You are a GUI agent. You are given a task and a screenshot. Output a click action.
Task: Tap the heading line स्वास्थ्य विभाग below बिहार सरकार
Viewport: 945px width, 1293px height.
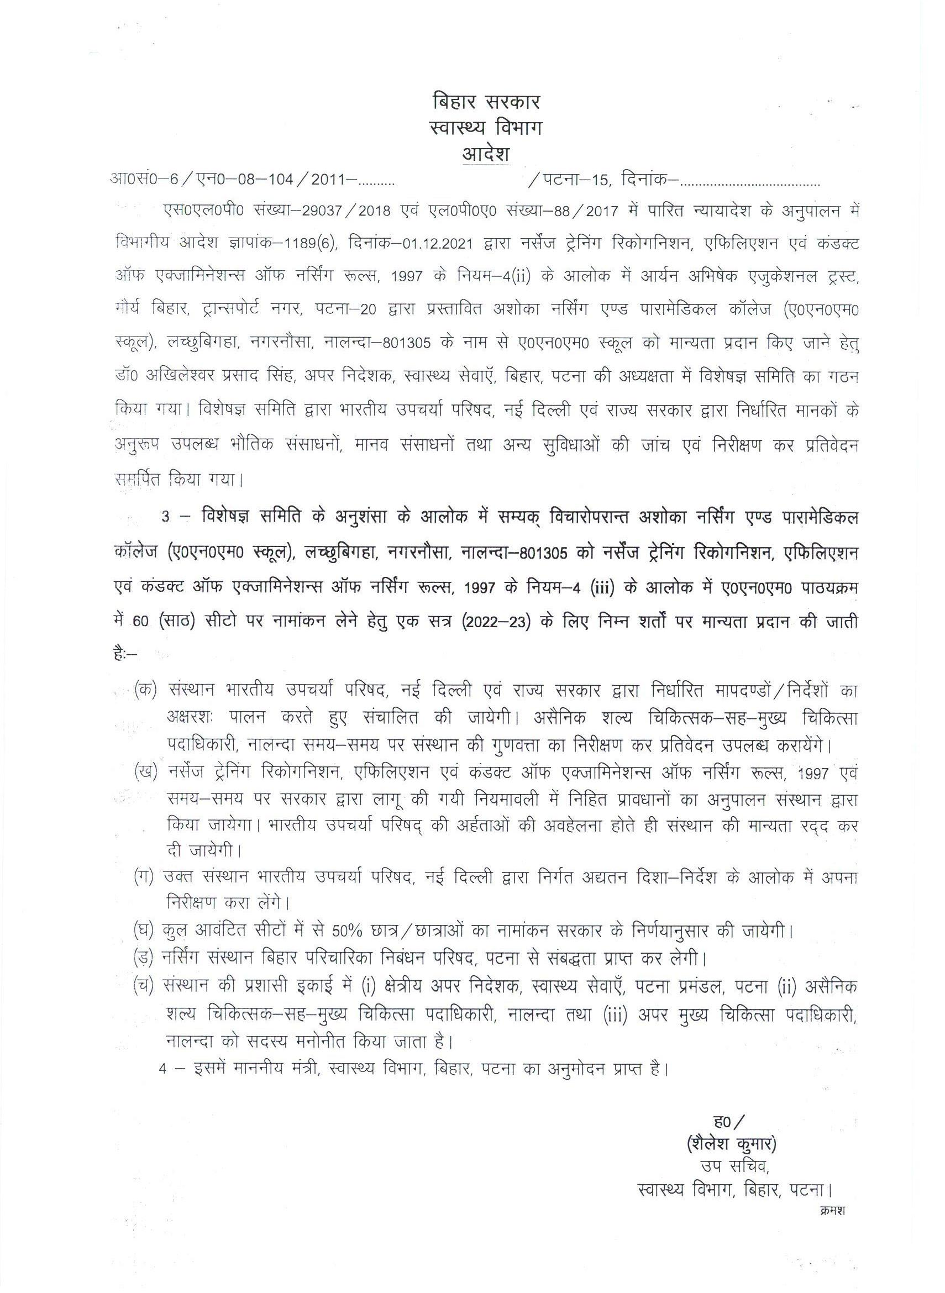click(486, 129)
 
